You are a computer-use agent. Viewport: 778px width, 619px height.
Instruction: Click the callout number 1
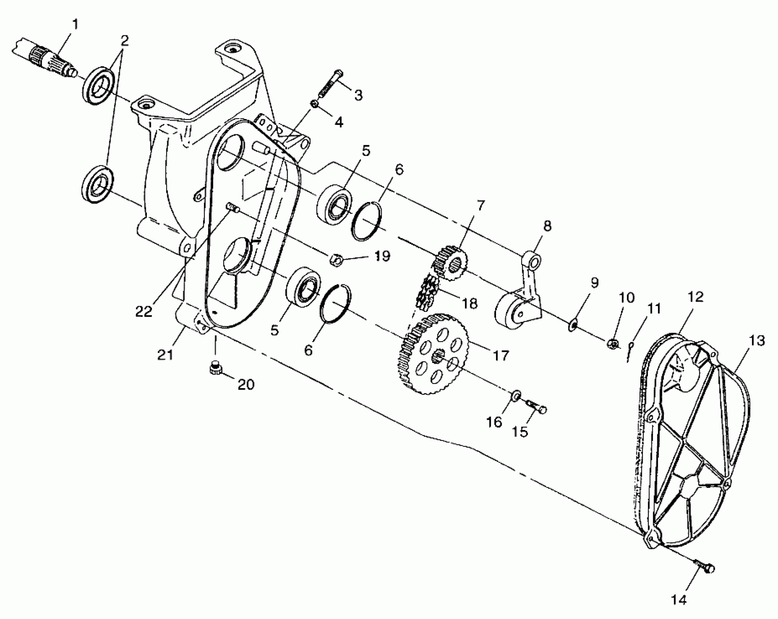(75, 25)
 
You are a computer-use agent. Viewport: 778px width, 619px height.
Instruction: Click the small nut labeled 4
(315, 104)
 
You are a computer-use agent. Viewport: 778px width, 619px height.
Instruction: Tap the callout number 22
(144, 312)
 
